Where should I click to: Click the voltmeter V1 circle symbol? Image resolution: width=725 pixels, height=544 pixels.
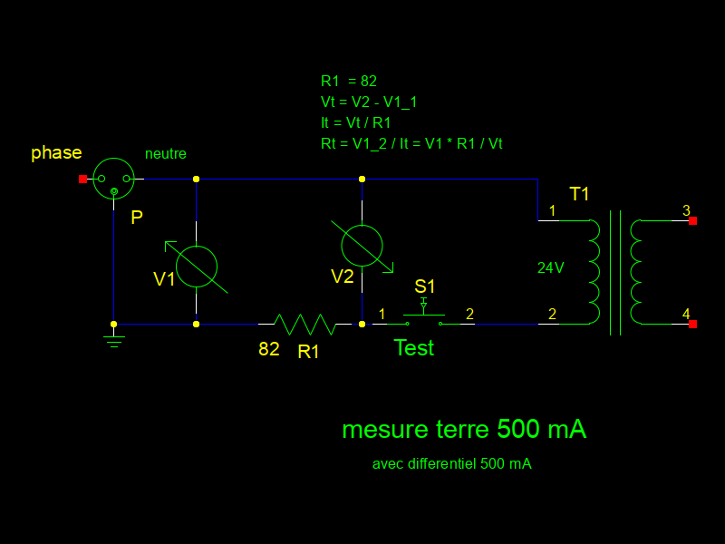point(197,267)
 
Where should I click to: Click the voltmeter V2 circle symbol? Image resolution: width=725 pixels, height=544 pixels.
point(362,246)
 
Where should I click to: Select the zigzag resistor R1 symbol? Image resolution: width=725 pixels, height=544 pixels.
point(304,324)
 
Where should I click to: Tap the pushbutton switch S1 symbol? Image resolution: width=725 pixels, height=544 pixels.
point(423,317)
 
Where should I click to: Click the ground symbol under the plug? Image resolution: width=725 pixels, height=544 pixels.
point(113,339)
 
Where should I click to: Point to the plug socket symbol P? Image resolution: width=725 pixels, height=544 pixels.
point(114,179)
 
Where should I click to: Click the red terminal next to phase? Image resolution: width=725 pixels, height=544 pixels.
point(82,180)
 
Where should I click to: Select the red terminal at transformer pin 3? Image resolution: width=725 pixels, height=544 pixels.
point(692,220)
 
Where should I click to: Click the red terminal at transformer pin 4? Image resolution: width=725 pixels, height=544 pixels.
point(692,324)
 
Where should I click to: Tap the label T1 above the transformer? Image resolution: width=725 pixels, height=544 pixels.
point(579,194)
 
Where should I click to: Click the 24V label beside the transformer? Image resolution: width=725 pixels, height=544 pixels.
point(551,268)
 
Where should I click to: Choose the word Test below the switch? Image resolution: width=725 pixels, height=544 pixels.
point(413,348)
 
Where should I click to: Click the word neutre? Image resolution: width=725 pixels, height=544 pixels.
point(166,154)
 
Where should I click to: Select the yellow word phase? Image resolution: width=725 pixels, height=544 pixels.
point(56,152)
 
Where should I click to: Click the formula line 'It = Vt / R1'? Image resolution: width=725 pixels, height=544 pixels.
point(356,122)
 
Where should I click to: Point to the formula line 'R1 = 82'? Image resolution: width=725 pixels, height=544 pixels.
point(349,81)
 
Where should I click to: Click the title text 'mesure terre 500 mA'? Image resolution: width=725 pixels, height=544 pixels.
point(464,430)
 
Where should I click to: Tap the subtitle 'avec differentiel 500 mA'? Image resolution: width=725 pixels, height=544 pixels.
point(451,464)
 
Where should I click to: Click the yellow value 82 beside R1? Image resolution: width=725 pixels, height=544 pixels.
point(269,349)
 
